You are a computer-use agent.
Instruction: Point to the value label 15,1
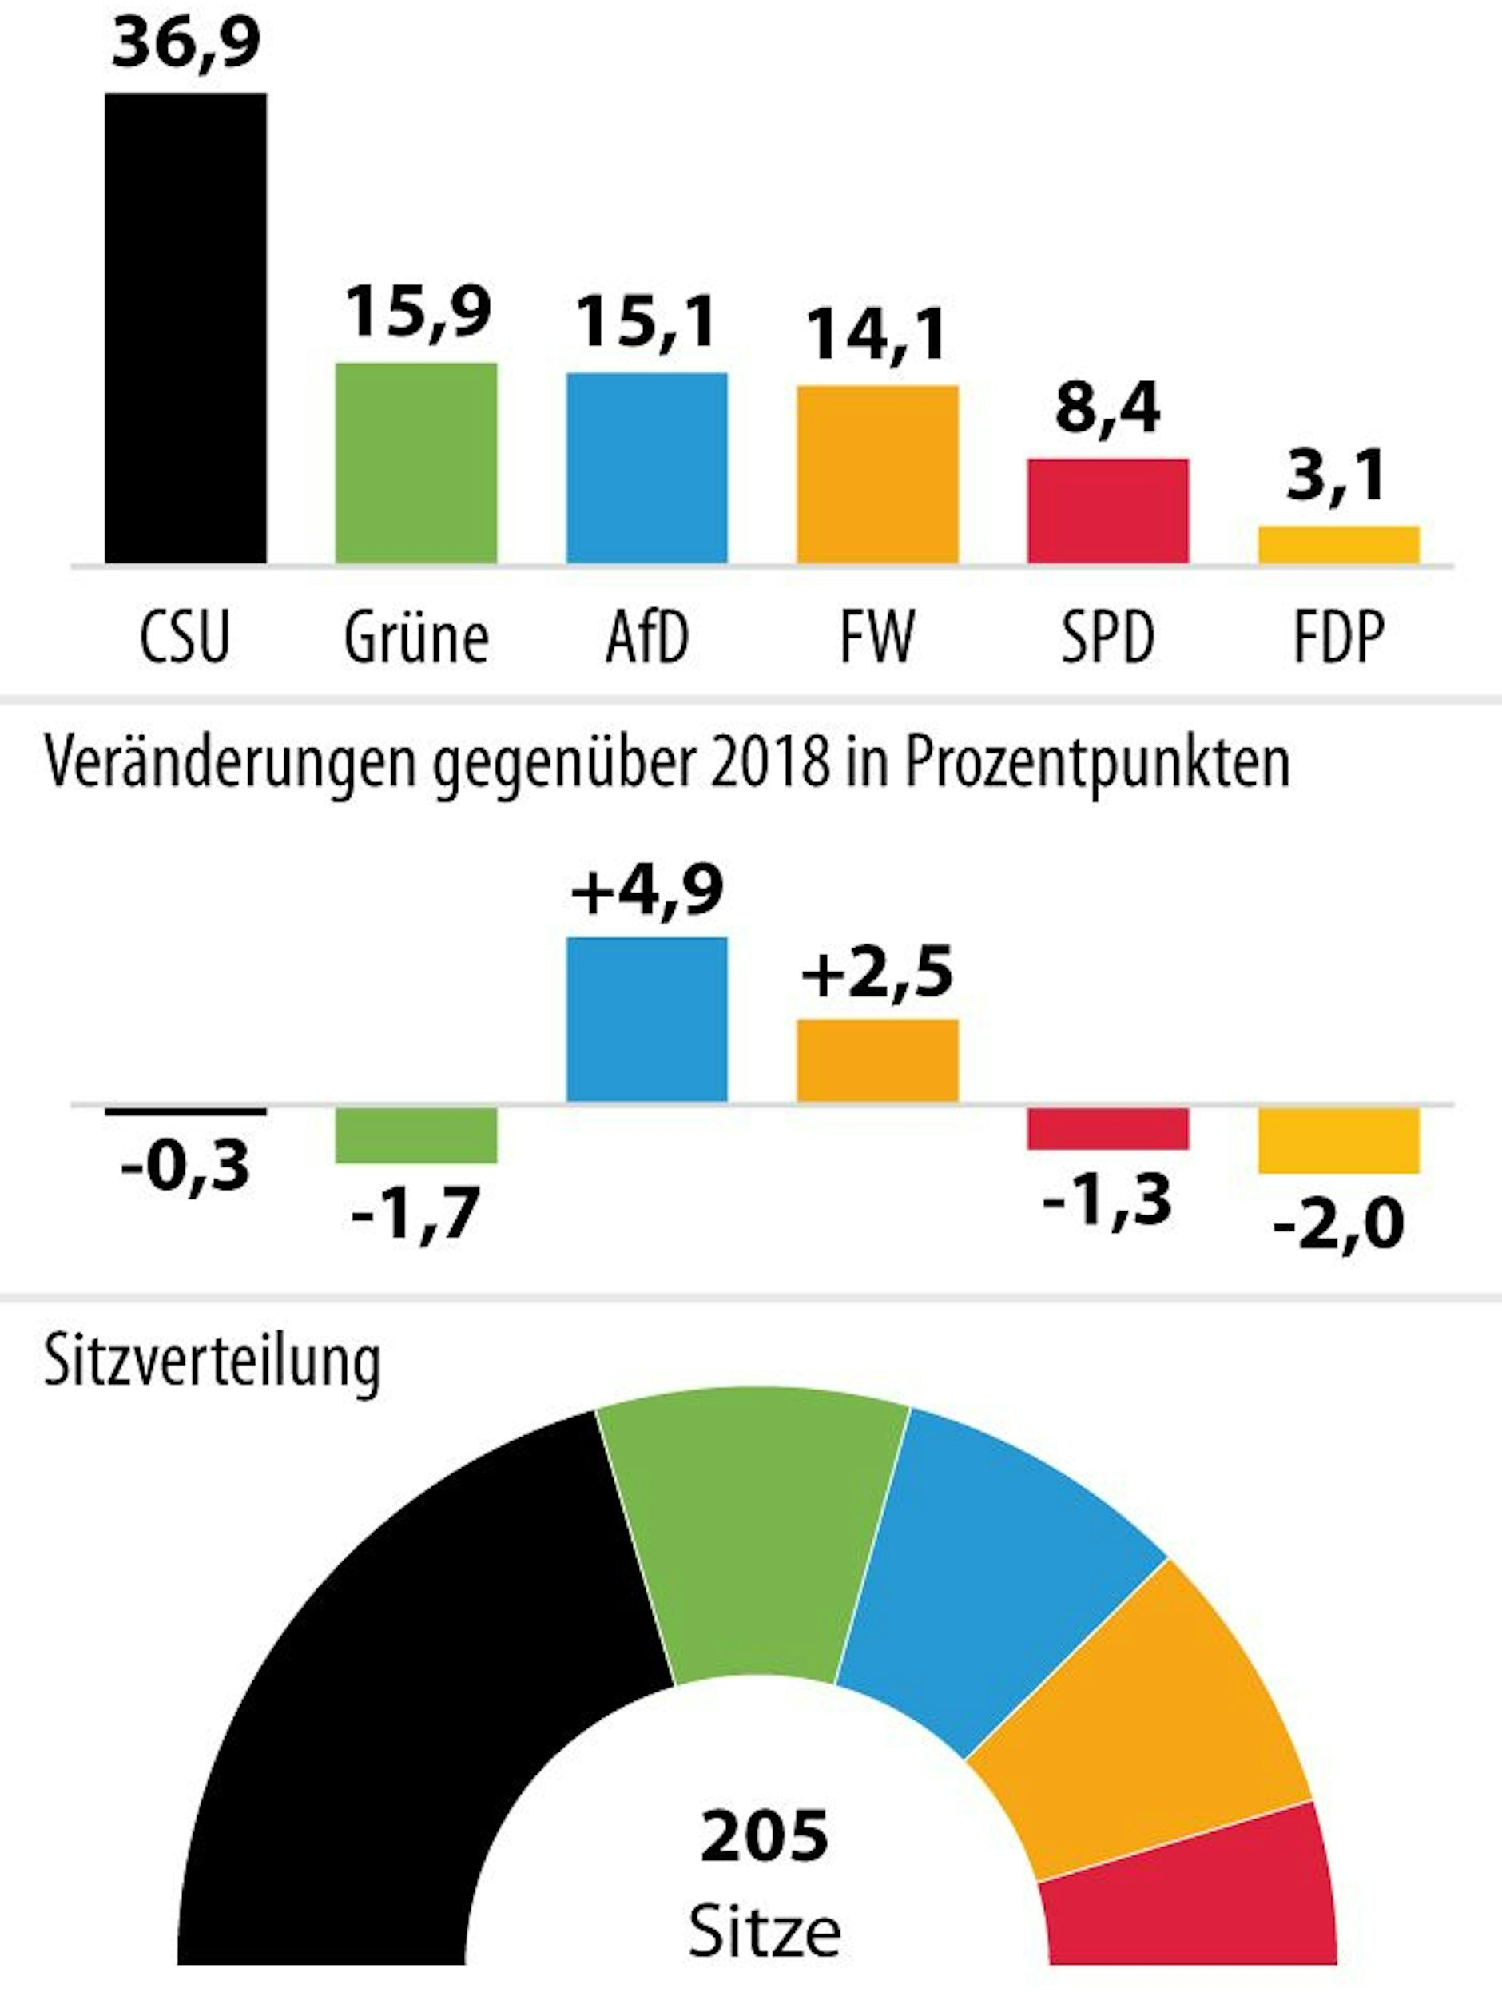click(647, 323)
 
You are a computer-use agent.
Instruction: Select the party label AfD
click(647, 638)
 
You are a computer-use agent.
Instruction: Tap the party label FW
click(877, 638)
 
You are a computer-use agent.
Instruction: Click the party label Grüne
click(415, 638)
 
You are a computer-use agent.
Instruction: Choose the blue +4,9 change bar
click(647, 1020)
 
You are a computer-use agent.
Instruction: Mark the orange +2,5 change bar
click(877, 1061)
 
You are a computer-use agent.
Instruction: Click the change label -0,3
click(185, 1167)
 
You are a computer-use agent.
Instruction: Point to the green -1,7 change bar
click(415, 1135)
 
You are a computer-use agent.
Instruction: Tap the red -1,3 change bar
click(1107, 1128)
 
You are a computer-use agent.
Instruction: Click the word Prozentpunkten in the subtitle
click(1097, 764)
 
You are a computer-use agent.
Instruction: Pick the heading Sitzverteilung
click(212, 1361)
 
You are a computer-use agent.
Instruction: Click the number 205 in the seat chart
click(764, 1836)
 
